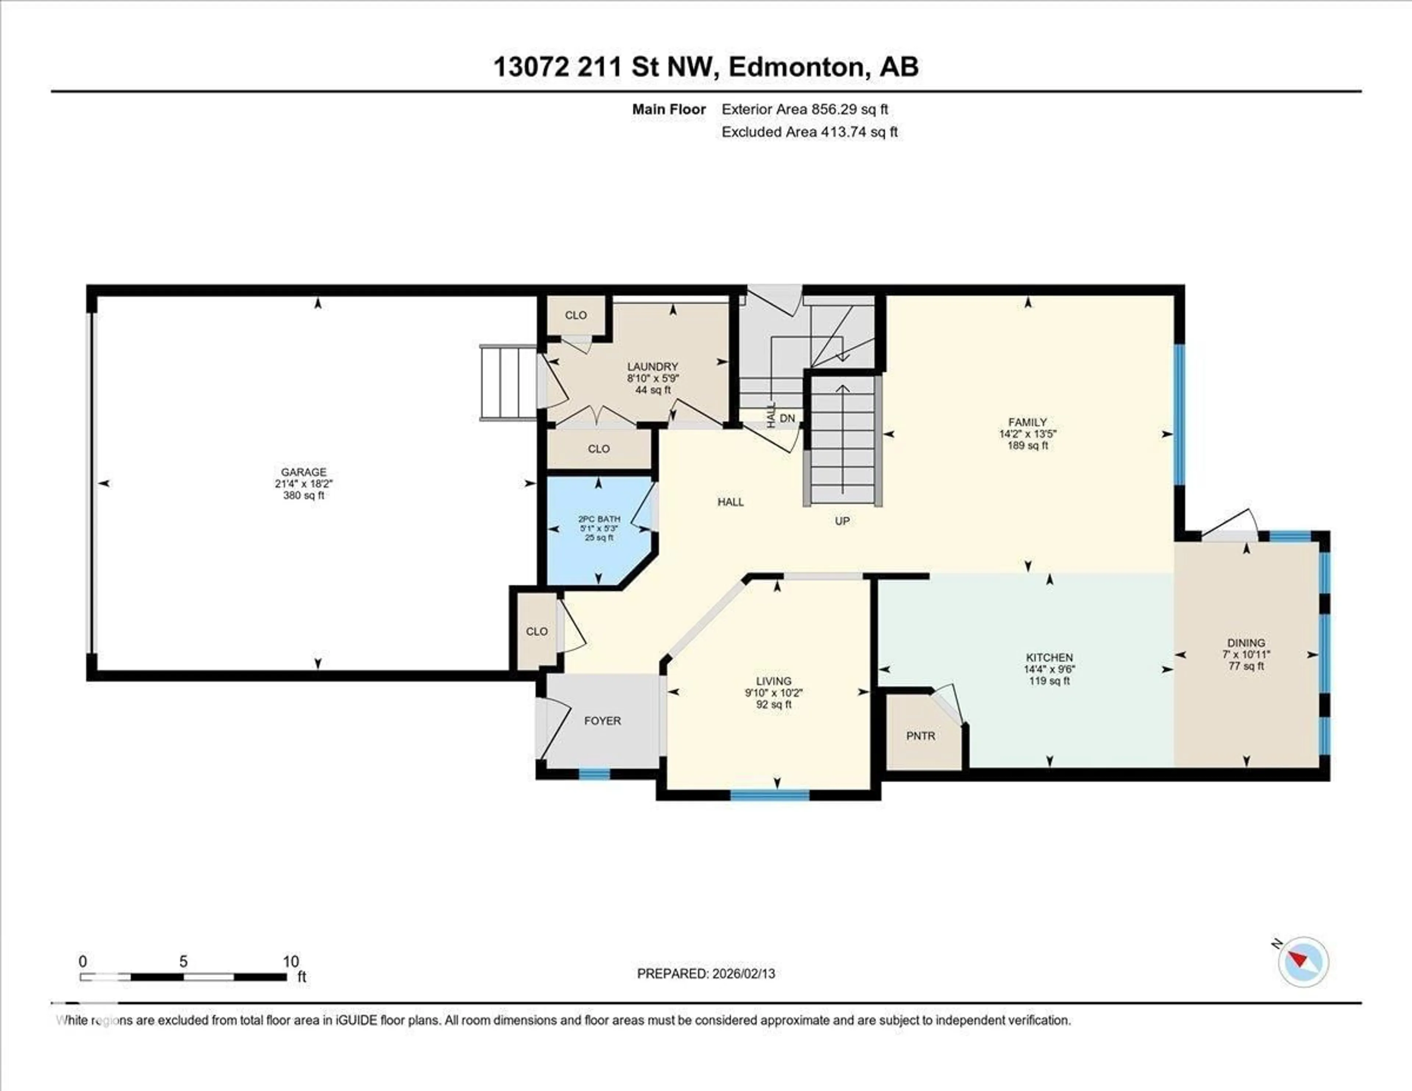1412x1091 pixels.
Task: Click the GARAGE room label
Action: tap(303, 472)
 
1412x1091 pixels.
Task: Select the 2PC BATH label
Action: tap(599, 519)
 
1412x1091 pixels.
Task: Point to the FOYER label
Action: tap(602, 721)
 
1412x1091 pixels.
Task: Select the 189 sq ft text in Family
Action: tap(1027, 445)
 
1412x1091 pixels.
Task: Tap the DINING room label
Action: tap(1246, 643)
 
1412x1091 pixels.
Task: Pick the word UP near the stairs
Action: tap(842, 520)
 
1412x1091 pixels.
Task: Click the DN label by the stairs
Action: tap(787, 419)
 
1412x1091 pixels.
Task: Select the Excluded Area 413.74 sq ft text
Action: tap(809, 132)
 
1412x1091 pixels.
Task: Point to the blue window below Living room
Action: tap(769, 795)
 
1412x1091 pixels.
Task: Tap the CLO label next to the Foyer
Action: tap(536, 631)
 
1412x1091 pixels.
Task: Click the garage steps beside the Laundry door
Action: tap(508, 383)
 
